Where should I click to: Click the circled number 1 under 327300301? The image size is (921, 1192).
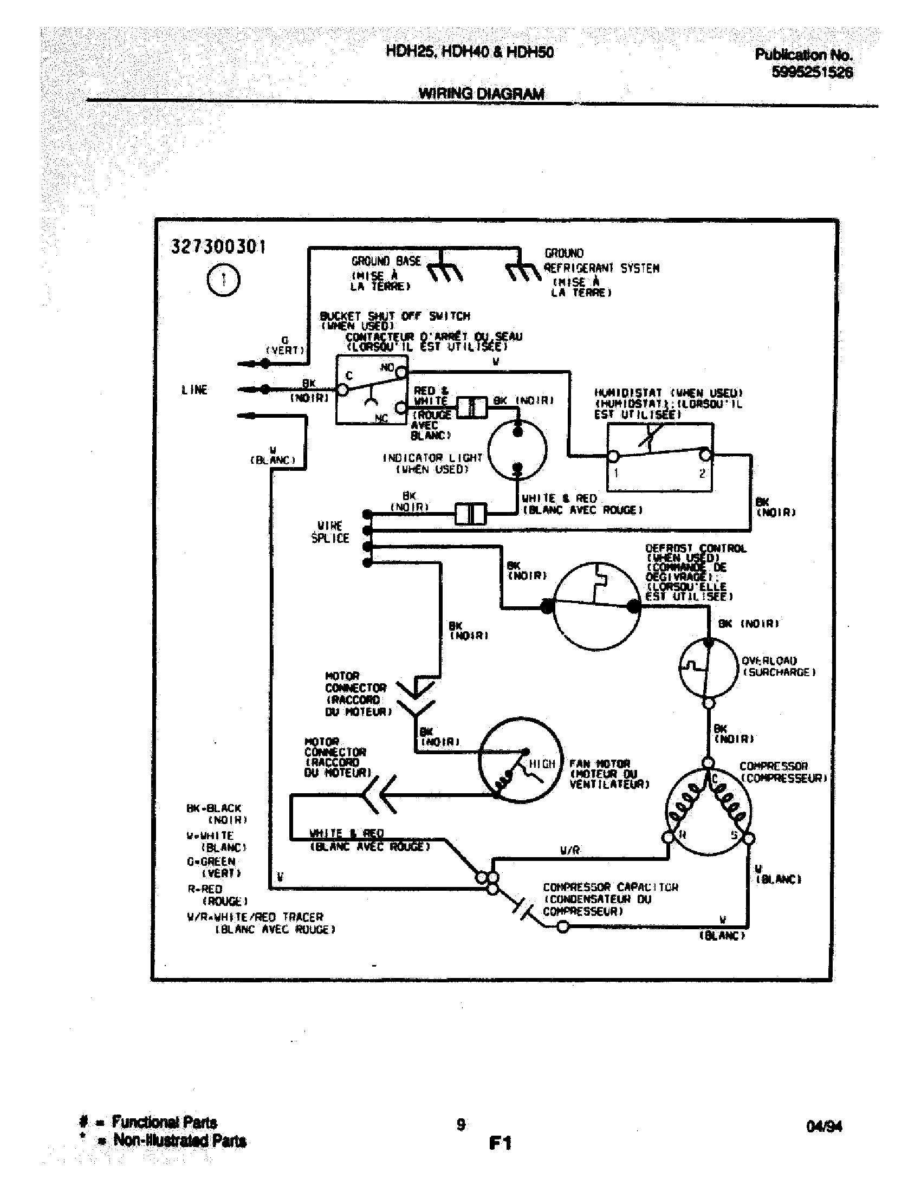click(x=224, y=280)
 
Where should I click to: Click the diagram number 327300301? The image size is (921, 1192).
click(x=218, y=247)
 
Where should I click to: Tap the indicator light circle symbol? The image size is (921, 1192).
click(x=517, y=450)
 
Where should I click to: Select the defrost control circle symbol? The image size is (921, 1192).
click(x=596, y=606)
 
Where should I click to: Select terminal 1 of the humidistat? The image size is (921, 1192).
click(x=613, y=456)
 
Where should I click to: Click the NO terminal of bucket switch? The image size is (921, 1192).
click(x=401, y=373)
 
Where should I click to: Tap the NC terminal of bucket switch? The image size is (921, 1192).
click(x=401, y=407)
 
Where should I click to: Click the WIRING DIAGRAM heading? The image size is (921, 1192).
click(x=481, y=94)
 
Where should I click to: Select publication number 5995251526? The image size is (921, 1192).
click(x=812, y=73)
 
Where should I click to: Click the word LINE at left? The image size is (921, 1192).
click(x=194, y=390)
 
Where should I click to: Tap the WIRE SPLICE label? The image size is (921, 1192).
click(x=329, y=532)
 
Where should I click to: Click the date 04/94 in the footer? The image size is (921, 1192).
click(x=823, y=1126)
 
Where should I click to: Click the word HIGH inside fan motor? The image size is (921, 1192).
click(x=541, y=764)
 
